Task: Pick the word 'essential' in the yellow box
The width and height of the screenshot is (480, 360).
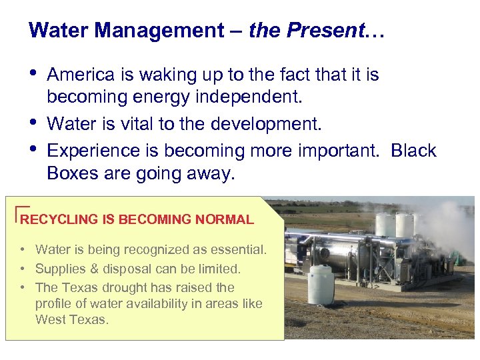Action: pyautogui.click(x=237, y=250)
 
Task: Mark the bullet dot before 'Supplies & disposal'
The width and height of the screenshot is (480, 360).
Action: pyautogui.click(x=23, y=269)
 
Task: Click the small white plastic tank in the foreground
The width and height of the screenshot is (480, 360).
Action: pyautogui.click(x=321, y=285)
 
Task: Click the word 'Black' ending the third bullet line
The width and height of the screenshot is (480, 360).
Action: pyautogui.click(x=413, y=151)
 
